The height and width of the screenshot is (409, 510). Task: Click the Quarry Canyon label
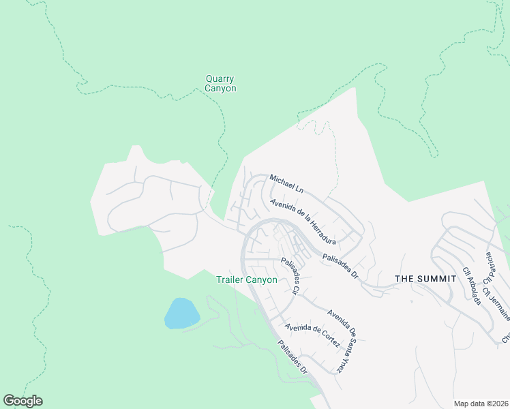(x=221, y=83)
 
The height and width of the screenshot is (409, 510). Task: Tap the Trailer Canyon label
(x=247, y=279)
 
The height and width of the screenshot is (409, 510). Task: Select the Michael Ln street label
(x=286, y=183)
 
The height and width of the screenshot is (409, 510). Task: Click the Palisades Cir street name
(x=292, y=275)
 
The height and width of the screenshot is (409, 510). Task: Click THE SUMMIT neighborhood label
(x=425, y=279)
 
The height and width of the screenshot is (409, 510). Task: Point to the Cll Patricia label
(x=489, y=268)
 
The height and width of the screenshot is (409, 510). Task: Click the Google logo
(x=22, y=401)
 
